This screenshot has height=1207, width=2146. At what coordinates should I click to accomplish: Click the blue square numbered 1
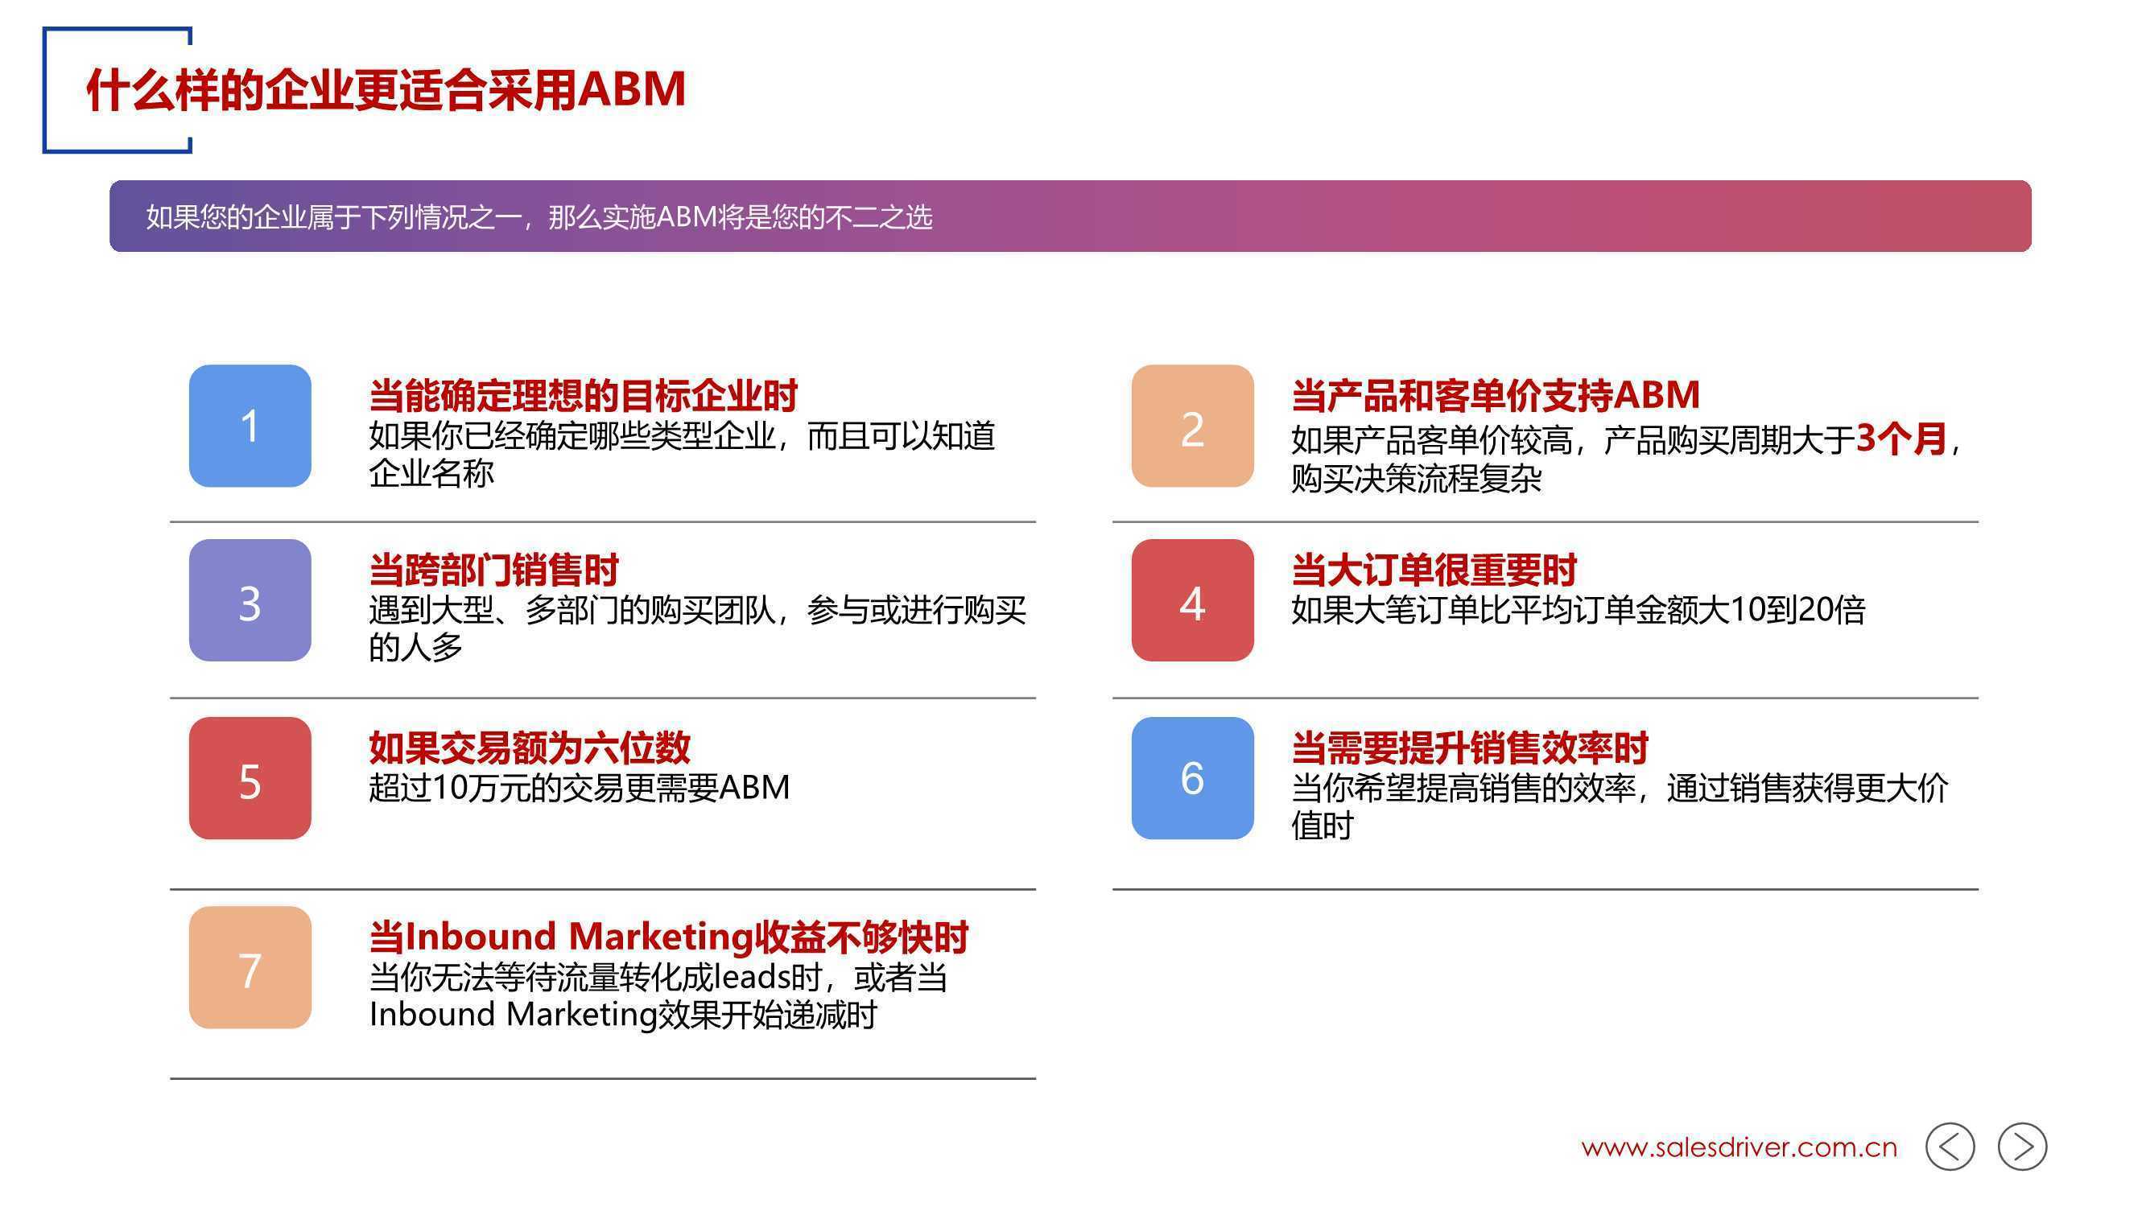pyautogui.click(x=250, y=426)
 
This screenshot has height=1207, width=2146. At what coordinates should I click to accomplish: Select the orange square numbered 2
pyautogui.click(x=1192, y=426)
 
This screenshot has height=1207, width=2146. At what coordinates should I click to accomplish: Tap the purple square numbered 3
pyautogui.click(x=250, y=599)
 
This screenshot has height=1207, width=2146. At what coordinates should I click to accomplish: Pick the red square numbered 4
pyautogui.click(x=1192, y=599)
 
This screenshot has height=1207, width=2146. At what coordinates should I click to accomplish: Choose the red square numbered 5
pyautogui.click(x=250, y=778)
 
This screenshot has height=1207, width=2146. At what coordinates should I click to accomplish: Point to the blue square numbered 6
pyautogui.click(x=1192, y=778)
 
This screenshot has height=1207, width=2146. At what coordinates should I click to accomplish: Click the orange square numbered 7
pyautogui.click(x=250, y=967)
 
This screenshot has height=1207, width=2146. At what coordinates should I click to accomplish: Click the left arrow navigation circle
pyautogui.click(x=1950, y=1147)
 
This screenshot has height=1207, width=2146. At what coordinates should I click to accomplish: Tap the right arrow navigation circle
pyautogui.click(x=2022, y=1147)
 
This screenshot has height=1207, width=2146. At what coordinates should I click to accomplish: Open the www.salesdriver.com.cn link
pyautogui.click(x=1739, y=1148)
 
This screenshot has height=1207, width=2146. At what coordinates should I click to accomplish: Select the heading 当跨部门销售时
pyautogui.click(x=494, y=571)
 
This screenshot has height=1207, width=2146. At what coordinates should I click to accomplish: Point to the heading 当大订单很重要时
pyautogui.click(x=1434, y=571)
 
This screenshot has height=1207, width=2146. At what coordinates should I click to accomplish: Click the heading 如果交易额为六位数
pyautogui.click(x=530, y=748)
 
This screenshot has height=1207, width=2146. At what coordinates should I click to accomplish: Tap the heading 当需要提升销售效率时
pyautogui.click(x=1470, y=748)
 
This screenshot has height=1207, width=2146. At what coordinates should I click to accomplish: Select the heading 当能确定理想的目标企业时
pyautogui.click(x=583, y=396)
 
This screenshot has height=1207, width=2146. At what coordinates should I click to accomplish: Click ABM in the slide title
pyautogui.click(x=633, y=89)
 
